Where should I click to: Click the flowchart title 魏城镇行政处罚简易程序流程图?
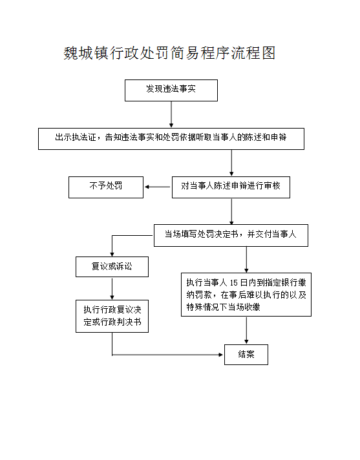click(169, 53)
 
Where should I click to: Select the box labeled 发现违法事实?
click(171, 90)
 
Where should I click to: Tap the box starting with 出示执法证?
click(171, 139)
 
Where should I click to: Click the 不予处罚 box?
click(106, 187)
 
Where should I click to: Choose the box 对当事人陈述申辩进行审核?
click(231, 187)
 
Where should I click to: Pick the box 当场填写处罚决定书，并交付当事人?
click(231, 235)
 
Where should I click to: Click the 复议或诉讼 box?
click(112, 267)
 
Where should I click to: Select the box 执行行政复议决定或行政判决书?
click(112, 316)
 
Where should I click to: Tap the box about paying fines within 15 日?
click(246, 295)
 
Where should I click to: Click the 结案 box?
click(246, 355)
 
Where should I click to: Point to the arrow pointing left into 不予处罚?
click(157, 187)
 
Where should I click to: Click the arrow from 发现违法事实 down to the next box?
click(171, 114)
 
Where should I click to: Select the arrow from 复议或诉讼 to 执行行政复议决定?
click(112, 288)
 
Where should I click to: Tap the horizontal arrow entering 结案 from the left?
click(167, 355)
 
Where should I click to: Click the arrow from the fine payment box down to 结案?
click(246, 330)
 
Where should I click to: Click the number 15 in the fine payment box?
click(233, 282)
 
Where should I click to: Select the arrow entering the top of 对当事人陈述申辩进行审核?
click(231, 163)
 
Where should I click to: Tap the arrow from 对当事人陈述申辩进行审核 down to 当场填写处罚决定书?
click(231, 211)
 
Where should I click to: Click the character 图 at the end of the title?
click(268, 53)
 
